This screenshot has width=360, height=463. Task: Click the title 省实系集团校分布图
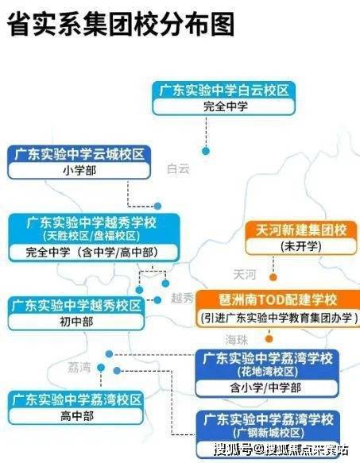(x=121, y=24)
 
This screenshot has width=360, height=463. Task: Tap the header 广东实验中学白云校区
(x=224, y=90)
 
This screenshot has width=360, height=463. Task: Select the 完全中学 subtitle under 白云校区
(x=226, y=106)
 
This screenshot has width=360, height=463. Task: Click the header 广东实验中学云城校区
(x=79, y=154)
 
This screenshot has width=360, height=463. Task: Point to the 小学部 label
(x=79, y=171)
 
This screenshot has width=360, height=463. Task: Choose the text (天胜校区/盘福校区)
(x=91, y=236)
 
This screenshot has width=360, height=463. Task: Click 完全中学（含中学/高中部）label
(x=92, y=253)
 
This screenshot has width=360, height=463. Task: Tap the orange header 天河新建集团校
(x=301, y=230)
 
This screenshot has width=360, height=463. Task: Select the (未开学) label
(x=301, y=246)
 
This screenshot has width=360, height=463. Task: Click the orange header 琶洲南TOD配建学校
(x=277, y=299)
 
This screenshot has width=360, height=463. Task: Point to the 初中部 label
(x=76, y=322)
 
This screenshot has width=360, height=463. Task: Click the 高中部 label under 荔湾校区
(x=77, y=416)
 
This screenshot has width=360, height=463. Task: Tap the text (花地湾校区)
(x=268, y=372)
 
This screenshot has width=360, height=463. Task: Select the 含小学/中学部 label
(x=266, y=388)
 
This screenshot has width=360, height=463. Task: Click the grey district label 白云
(x=178, y=169)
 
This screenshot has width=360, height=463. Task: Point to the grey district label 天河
(x=245, y=275)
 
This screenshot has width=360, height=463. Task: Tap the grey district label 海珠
(x=237, y=340)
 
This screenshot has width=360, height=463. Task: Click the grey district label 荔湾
(x=79, y=368)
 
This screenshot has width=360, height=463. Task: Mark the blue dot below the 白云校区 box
(x=206, y=151)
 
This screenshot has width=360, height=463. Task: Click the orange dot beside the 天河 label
(x=273, y=277)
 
